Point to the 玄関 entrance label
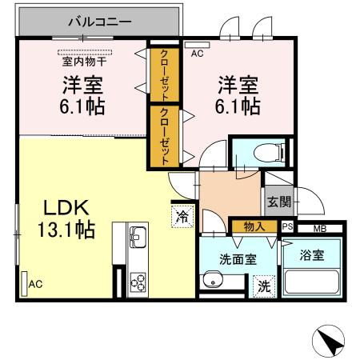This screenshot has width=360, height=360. click(278, 200)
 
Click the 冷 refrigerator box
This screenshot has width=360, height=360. click(182, 214)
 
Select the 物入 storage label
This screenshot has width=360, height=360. click(254, 227)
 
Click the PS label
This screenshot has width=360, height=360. click(288, 228)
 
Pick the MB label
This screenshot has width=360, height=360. click(319, 228)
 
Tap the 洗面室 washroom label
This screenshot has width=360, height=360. click(238, 258)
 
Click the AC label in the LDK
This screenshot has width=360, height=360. click(36, 284)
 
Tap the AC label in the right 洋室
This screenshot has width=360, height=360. click(198, 54)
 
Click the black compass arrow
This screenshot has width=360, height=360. click(331, 342)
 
